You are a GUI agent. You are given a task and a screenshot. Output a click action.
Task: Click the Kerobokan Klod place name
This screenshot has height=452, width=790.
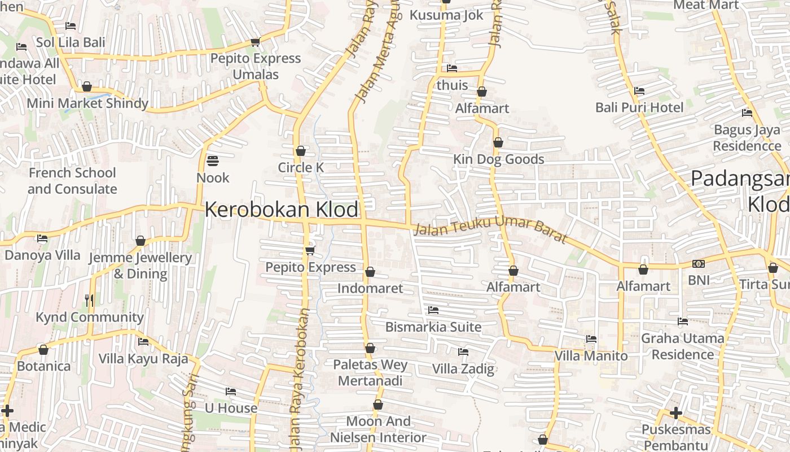tap(281, 210)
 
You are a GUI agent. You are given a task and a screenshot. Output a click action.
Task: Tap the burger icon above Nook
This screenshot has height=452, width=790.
tap(213, 161)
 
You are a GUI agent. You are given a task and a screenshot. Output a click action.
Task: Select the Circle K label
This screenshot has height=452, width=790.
tap(301, 168)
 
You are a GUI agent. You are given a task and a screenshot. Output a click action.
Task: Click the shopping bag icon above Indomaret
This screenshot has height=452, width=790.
tap(370, 272)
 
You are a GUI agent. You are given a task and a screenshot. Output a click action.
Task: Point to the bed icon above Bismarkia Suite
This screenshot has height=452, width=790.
tap(433, 310)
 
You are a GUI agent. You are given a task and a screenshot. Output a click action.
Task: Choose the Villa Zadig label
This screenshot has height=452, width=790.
tap(463, 369)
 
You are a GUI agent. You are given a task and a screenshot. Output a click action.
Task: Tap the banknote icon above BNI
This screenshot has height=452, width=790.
tap(699, 264)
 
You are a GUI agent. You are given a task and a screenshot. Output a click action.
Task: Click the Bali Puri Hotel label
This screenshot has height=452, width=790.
tap(639, 107)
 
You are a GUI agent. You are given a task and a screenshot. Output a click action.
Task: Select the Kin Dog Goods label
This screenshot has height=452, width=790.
tap(499, 159)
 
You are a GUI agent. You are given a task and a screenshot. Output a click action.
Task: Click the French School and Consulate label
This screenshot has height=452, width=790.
tap(72, 181)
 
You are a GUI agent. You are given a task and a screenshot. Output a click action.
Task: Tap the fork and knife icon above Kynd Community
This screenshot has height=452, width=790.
tap(89, 300)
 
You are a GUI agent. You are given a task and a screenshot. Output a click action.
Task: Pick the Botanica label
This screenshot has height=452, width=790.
tap(44, 366)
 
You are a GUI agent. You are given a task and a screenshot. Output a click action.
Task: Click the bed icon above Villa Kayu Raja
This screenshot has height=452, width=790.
tap(143, 342)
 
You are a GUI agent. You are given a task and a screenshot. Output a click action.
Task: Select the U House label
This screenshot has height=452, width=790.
tap(231, 408)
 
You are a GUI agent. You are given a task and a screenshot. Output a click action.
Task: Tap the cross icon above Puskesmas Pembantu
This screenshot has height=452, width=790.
tap(676, 414)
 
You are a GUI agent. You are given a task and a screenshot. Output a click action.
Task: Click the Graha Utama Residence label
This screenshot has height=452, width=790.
tap(683, 346)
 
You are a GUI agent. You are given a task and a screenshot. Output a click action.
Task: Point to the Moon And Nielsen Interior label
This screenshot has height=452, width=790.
tap(378, 429)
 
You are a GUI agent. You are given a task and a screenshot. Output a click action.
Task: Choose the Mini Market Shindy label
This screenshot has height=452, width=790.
tap(87, 103)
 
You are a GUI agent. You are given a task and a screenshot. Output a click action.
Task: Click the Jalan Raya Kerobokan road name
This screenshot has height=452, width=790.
tap(299, 379)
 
